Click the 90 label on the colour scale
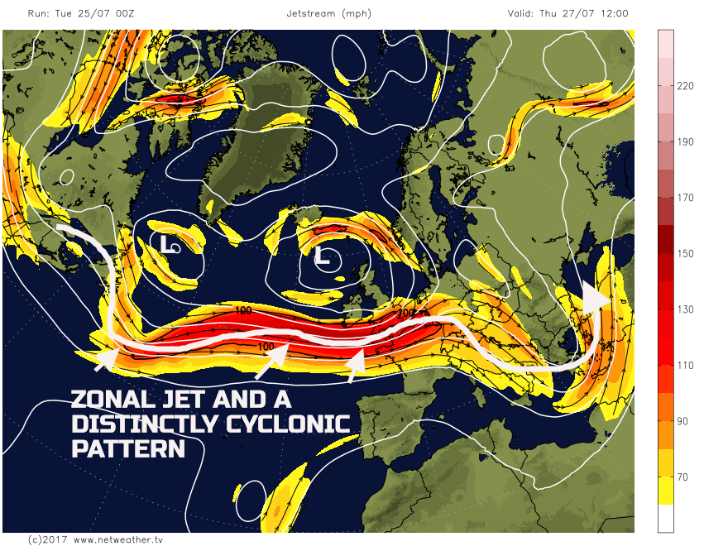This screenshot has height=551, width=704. click(x=684, y=421)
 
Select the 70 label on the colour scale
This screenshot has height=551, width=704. click(x=684, y=477)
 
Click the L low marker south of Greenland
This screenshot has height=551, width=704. click(x=169, y=244)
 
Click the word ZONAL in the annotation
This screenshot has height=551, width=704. click(x=113, y=400)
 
